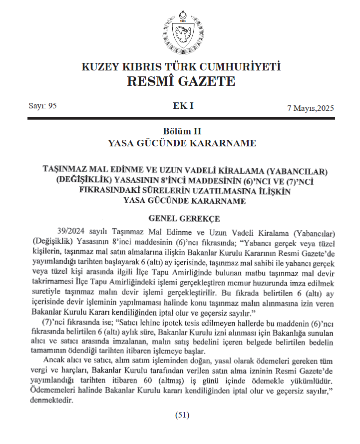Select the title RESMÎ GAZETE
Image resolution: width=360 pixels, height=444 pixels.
point(180,81)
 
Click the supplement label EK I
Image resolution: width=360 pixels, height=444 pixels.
point(180,106)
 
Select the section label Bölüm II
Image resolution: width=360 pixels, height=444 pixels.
point(180,131)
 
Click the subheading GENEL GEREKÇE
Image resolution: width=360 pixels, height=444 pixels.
point(180,218)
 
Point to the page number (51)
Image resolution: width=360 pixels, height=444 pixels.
point(180,415)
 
